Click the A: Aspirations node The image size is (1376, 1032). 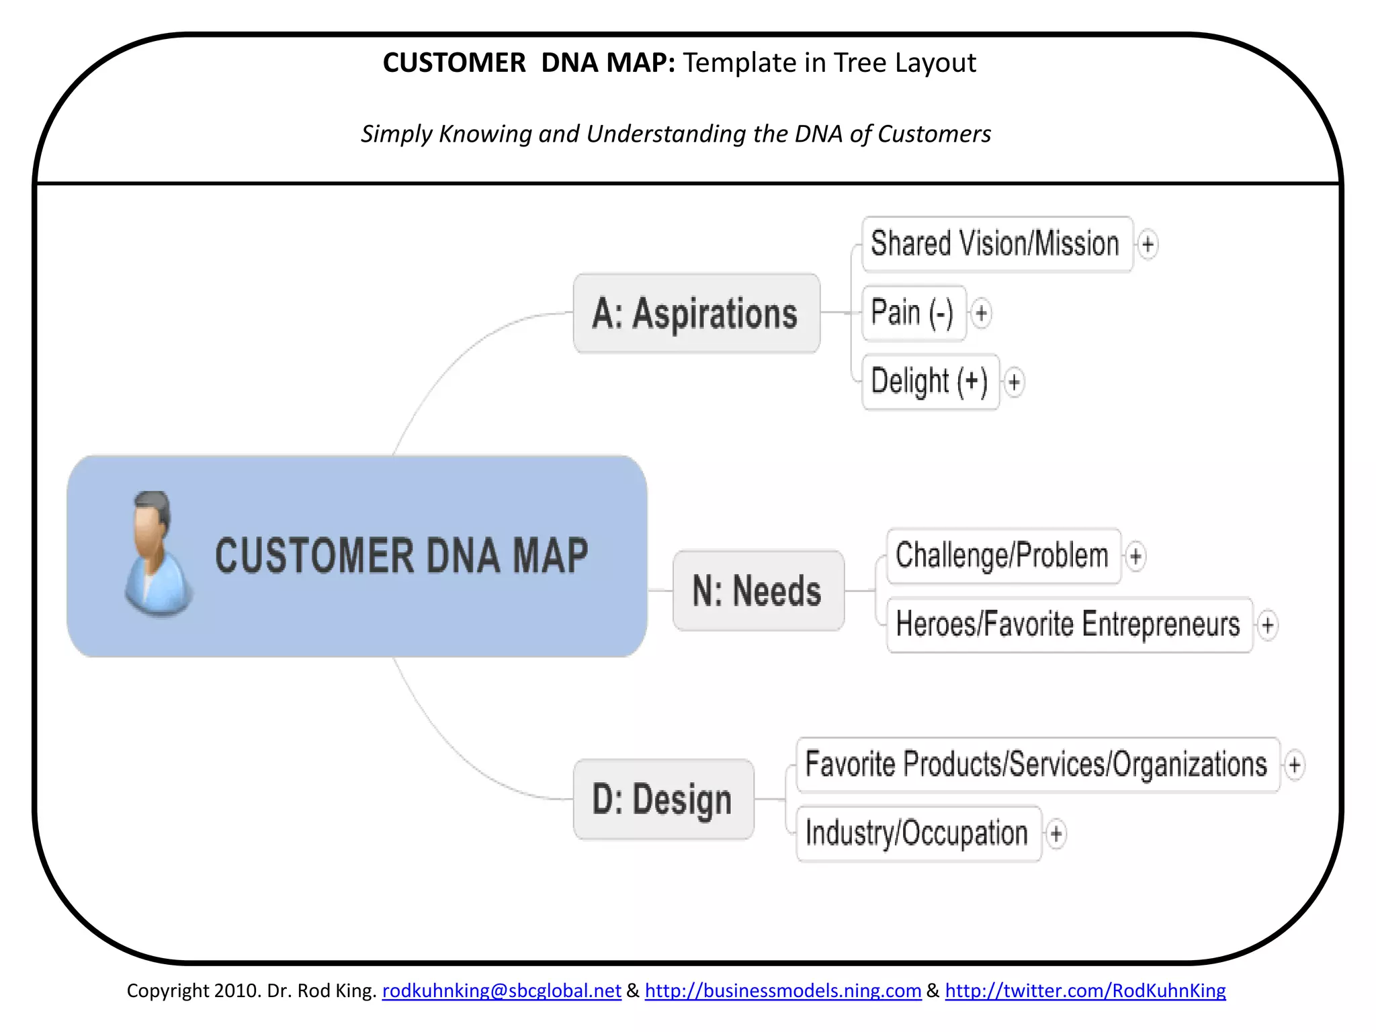(x=696, y=313)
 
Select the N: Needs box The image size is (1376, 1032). (x=757, y=591)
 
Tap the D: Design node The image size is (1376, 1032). (x=662, y=800)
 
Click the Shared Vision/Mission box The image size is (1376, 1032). (x=996, y=244)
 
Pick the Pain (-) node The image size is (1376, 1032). (x=913, y=313)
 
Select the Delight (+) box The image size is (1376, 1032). (x=930, y=382)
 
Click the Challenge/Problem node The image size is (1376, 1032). (x=1002, y=556)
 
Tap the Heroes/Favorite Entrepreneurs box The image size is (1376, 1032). (x=1068, y=625)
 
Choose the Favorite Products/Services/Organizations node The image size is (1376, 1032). (x=1037, y=765)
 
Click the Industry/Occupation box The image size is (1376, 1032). (x=917, y=834)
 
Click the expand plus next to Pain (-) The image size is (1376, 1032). (x=982, y=313)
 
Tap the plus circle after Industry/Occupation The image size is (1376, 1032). (x=1056, y=834)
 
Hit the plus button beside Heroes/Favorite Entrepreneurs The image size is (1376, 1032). (x=1267, y=626)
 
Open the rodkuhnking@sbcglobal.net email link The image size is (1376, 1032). (x=501, y=990)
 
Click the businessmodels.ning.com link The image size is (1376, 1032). (x=783, y=990)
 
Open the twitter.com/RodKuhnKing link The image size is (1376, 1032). (x=1085, y=990)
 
